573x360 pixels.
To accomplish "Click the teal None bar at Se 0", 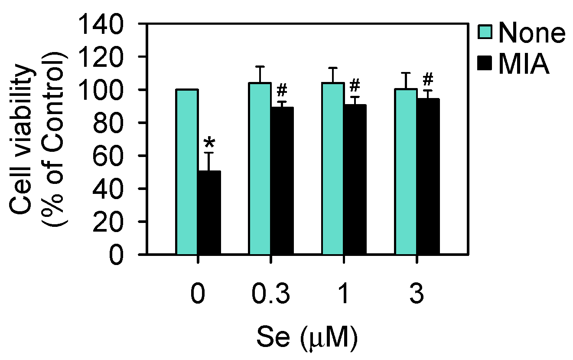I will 187,171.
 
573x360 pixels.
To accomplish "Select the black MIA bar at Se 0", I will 209,212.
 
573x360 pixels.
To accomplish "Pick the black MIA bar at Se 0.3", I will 282,180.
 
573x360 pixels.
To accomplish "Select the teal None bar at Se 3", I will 406,171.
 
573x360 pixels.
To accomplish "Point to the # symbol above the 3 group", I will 428,80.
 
